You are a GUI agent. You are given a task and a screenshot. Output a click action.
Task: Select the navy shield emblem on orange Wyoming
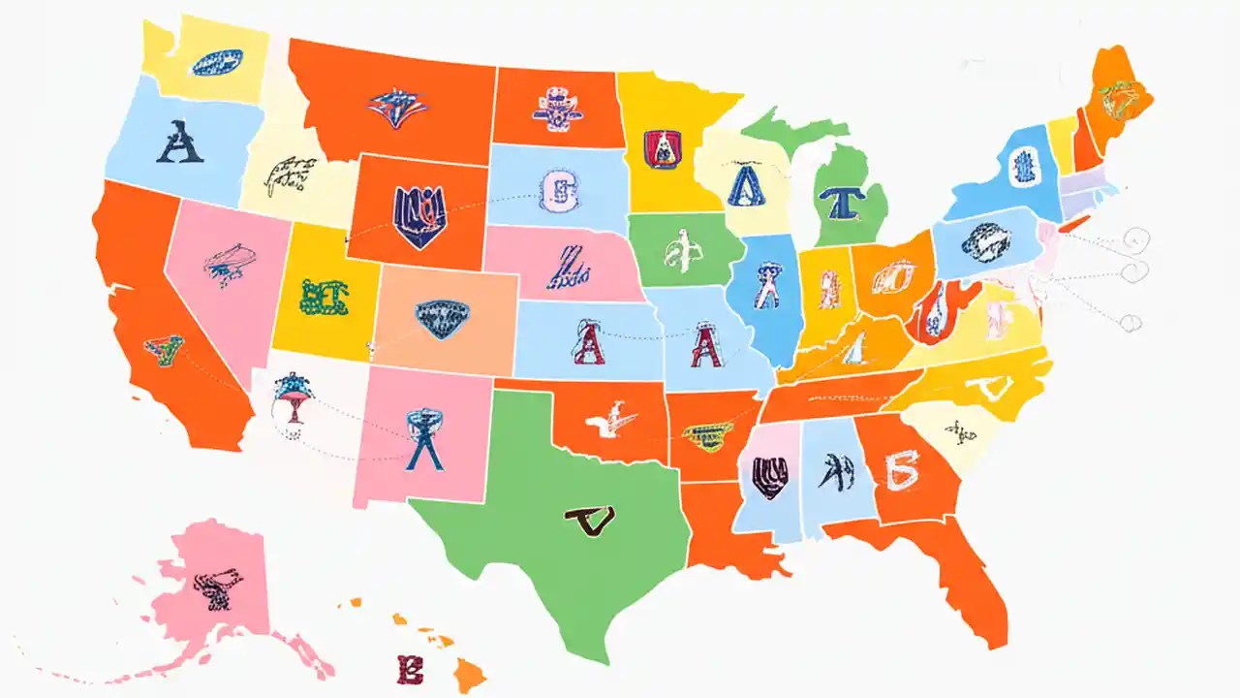tap(419, 215)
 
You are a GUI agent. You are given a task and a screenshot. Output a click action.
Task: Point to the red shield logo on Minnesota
tap(663, 149)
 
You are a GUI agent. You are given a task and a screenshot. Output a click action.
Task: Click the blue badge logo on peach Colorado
tap(440, 315)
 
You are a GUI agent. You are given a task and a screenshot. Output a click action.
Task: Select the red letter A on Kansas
tap(588, 343)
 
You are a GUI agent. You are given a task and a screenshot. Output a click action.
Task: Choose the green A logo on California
tap(163, 349)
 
